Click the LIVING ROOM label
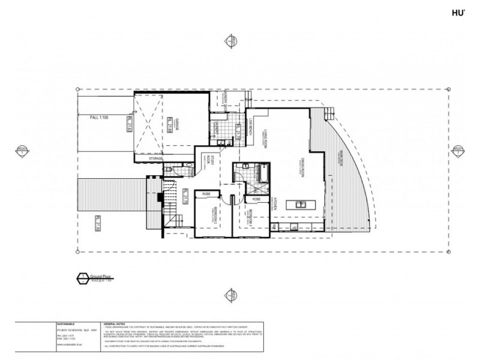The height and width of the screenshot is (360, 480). click(x=264, y=136)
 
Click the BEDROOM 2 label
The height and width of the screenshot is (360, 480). click(x=214, y=214)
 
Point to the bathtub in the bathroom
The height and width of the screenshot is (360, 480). click(x=262, y=173)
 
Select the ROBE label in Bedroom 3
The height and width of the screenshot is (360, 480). click(x=256, y=198)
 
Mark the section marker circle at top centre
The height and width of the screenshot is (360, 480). click(x=229, y=41)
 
